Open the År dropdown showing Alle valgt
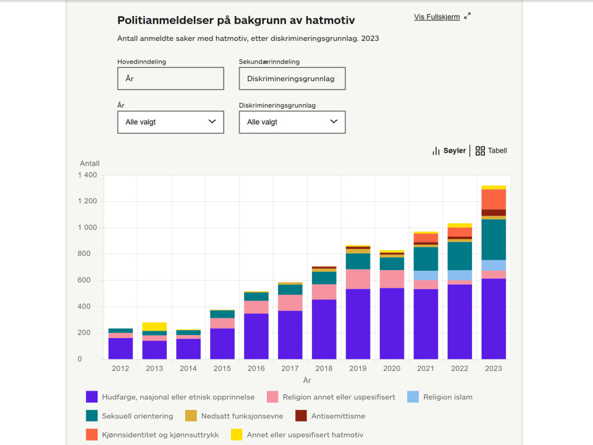(x=170, y=122)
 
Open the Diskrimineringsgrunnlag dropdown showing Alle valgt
(x=292, y=122)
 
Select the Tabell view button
(x=491, y=151)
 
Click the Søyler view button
(x=449, y=151)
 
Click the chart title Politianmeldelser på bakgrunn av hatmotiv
(x=236, y=20)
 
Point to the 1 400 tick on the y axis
(x=87, y=176)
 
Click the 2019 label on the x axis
(x=358, y=368)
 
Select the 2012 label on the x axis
(x=120, y=368)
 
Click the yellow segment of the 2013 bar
(x=154, y=326)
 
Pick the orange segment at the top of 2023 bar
(x=494, y=199)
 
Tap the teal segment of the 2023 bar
(x=494, y=239)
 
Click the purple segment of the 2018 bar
(x=324, y=329)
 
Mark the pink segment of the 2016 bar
(x=256, y=307)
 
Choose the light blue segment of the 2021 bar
(x=426, y=276)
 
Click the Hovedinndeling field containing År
(x=170, y=78)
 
